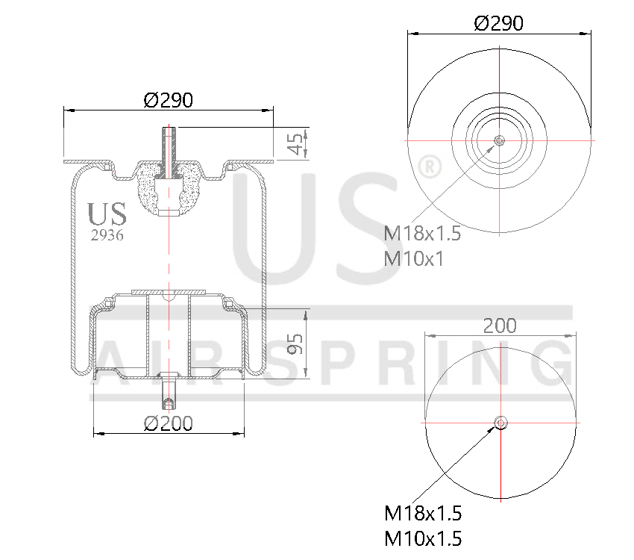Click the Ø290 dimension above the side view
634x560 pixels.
point(169,99)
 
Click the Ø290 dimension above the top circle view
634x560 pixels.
point(498,23)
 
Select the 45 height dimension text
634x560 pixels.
point(297,143)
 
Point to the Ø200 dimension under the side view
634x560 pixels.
point(169,424)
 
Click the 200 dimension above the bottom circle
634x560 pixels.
point(500,326)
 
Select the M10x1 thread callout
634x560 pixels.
point(413,258)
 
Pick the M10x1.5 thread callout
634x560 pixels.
point(423,538)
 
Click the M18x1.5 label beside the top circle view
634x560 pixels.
point(422,234)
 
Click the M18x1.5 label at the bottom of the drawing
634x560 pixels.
point(423,514)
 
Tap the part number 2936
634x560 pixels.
point(107,235)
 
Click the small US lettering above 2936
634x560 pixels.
point(107,214)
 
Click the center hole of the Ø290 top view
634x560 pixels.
point(499,140)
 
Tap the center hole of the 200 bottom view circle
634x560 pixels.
point(500,423)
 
